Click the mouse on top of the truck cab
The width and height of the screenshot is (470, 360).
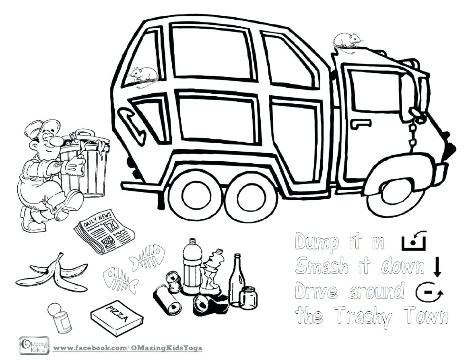[x=346, y=41]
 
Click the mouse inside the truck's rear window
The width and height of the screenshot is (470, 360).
[x=143, y=75]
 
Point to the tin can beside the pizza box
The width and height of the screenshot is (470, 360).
[x=60, y=317]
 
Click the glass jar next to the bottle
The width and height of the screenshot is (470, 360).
[x=248, y=297]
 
